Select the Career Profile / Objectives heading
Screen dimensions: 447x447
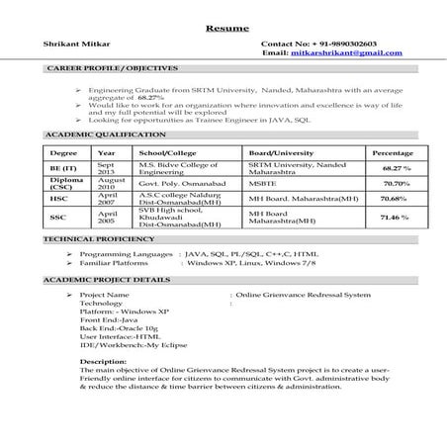tap(113, 70)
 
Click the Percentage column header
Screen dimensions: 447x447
tap(393, 154)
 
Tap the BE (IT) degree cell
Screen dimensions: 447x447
tap(61, 170)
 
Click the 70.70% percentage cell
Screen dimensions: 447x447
tap(396, 184)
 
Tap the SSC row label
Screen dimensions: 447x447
tap(58, 218)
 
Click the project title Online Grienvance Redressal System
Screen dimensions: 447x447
tap(304, 295)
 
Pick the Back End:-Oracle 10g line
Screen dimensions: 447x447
tap(119, 326)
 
